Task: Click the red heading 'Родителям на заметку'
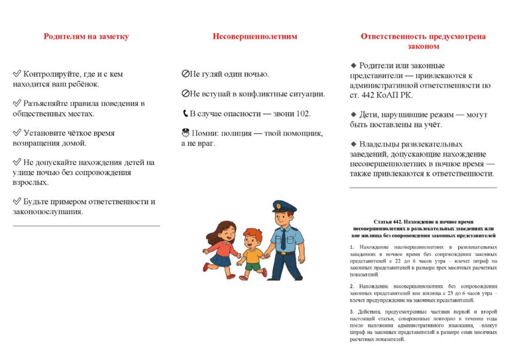point(86,36)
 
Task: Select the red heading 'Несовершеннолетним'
point(254,36)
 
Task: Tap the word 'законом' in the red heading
point(423,46)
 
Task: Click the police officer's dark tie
point(283,240)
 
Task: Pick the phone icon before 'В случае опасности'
point(185,113)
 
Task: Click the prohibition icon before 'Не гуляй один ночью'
point(185,74)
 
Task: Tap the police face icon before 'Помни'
point(185,133)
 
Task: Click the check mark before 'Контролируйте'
point(17,74)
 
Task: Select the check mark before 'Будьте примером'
point(17,202)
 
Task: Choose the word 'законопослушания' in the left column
point(47,211)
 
